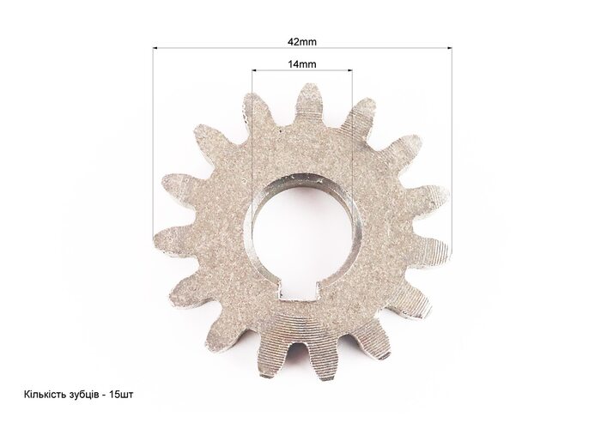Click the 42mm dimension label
tap(302, 42)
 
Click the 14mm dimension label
tap(302, 64)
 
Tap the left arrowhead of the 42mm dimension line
tap(155, 48)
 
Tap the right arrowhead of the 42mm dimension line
tap(449, 48)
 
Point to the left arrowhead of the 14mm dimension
tap(254, 70)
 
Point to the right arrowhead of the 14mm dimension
tap(349, 70)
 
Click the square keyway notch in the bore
tap(298, 290)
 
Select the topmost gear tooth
tap(308, 100)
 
